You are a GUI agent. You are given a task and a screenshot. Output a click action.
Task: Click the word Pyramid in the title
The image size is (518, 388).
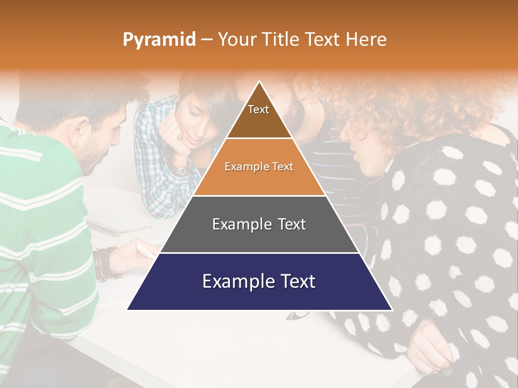[x=159, y=40]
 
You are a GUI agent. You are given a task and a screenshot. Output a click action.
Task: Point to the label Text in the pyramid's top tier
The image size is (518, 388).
[x=258, y=109]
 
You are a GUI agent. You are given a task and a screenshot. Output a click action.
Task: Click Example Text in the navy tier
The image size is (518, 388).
[x=259, y=281]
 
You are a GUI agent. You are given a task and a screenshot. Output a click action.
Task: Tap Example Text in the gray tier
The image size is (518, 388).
[x=259, y=224]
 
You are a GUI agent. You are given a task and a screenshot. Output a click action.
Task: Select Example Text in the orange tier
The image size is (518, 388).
[x=259, y=167]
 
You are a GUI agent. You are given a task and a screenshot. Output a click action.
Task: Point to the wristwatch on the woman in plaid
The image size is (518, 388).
[x=182, y=170]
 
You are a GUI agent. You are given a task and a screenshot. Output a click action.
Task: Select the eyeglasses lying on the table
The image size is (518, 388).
[x=297, y=315]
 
